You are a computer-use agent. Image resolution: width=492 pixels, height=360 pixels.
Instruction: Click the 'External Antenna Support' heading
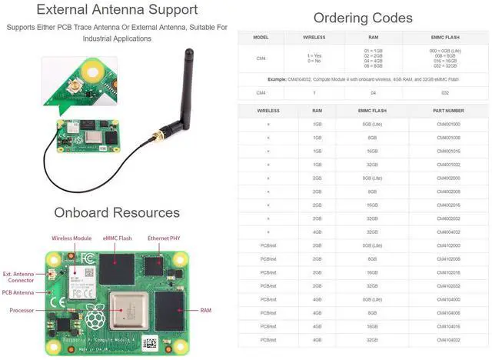(x=118, y=10)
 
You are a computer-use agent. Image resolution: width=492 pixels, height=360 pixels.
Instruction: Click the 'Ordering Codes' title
(x=363, y=18)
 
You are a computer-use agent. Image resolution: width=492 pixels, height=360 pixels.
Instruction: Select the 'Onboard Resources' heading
(x=117, y=212)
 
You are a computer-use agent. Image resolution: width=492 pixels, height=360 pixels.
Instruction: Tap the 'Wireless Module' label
(x=71, y=238)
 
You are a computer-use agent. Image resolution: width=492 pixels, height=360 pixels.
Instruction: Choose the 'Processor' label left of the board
(x=22, y=310)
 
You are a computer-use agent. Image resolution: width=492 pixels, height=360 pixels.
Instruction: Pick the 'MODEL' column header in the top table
(x=261, y=36)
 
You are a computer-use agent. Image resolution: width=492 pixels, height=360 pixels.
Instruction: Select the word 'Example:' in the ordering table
(x=278, y=79)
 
